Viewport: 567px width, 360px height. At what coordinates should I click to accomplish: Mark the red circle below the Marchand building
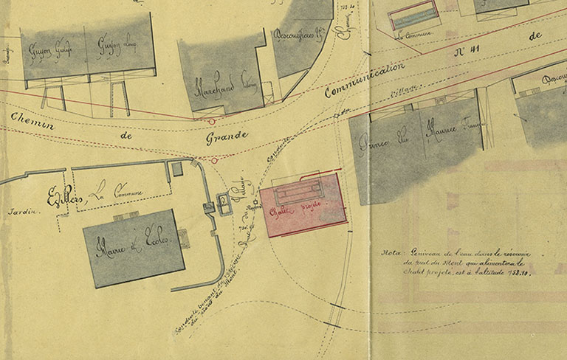(212, 120)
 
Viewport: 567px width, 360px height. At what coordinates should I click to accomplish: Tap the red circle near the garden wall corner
(214, 159)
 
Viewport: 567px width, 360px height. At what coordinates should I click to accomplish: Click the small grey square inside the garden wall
(176, 169)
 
